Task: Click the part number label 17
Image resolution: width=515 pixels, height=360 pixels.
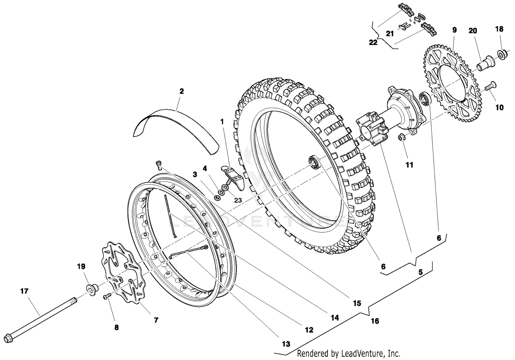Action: (x=24, y=291)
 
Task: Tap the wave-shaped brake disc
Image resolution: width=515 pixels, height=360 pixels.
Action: (x=124, y=275)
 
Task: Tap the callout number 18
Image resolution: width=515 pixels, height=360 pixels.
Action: (x=499, y=29)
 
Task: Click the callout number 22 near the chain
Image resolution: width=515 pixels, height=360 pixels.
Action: (x=373, y=43)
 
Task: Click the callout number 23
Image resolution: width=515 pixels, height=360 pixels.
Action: (x=238, y=200)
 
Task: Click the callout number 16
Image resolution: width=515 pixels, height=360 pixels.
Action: (x=375, y=321)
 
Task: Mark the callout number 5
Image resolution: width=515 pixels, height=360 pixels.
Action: (x=421, y=272)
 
